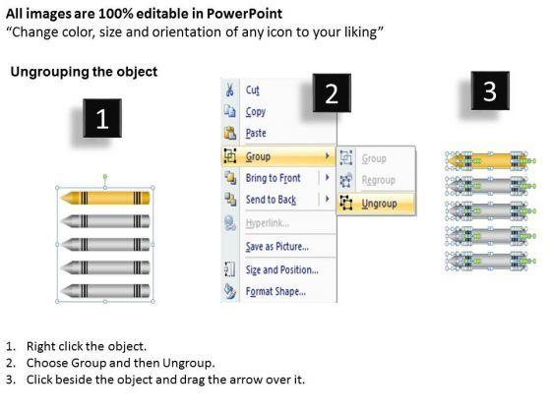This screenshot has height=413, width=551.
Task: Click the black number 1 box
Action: pyautogui.click(x=102, y=118)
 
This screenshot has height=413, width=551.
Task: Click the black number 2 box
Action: pyautogui.click(x=332, y=93)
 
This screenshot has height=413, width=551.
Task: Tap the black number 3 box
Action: pyautogui.click(x=490, y=90)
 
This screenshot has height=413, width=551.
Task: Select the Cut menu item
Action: pyautogui.click(x=253, y=89)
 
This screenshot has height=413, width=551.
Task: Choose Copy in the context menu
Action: pyautogui.click(x=256, y=112)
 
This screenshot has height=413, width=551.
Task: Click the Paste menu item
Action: pyautogui.click(x=256, y=133)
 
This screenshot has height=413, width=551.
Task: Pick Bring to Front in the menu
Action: pyautogui.click(x=274, y=178)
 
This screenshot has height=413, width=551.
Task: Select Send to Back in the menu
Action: pyautogui.click(x=271, y=200)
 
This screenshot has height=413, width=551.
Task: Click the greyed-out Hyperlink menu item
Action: pyautogui.click(x=268, y=223)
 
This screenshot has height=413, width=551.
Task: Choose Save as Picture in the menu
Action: pyautogui.click(x=277, y=246)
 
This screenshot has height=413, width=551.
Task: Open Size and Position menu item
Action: pyautogui.click(x=281, y=269)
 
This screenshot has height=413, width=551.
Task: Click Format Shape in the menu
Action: pyautogui.click(x=275, y=291)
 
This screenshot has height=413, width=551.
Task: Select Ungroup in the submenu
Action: pyautogui.click(x=379, y=204)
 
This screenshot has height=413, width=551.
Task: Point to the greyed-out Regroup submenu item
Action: pyautogui.click(x=379, y=180)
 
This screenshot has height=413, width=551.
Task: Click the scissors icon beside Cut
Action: pyautogui.click(x=229, y=89)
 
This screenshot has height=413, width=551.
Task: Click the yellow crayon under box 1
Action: pyautogui.click(x=105, y=198)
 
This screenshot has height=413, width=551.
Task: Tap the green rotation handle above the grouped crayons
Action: pyautogui.click(x=105, y=176)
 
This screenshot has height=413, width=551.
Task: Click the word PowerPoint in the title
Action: pyautogui.click(x=244, y=14)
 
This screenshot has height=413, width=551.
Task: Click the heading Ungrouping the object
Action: pyautogui.click(x=84, y=72)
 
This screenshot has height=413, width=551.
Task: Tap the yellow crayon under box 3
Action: pyautogui.click(x=488, y=161)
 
